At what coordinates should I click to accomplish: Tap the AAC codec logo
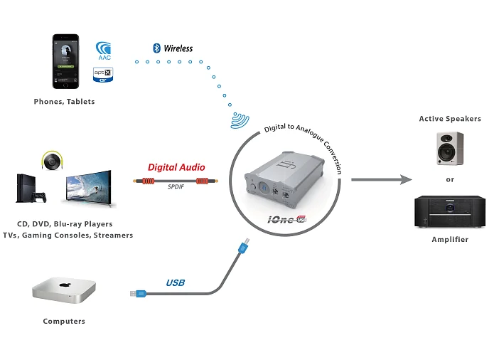(104, 51)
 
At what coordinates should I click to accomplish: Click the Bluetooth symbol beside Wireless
(156, 48)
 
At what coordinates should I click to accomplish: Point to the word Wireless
(178, 48)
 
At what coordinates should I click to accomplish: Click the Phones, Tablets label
(64, 102)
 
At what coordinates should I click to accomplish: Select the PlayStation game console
(30, 189)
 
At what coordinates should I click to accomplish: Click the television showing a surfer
(88, 188)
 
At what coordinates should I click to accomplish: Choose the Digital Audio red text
(176, 167)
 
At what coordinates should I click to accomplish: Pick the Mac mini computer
(64, 290)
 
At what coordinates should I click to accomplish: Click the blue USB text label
(175, 282)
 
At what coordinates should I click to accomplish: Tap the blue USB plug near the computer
(139, 293)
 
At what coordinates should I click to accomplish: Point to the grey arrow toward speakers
(380, 179)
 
